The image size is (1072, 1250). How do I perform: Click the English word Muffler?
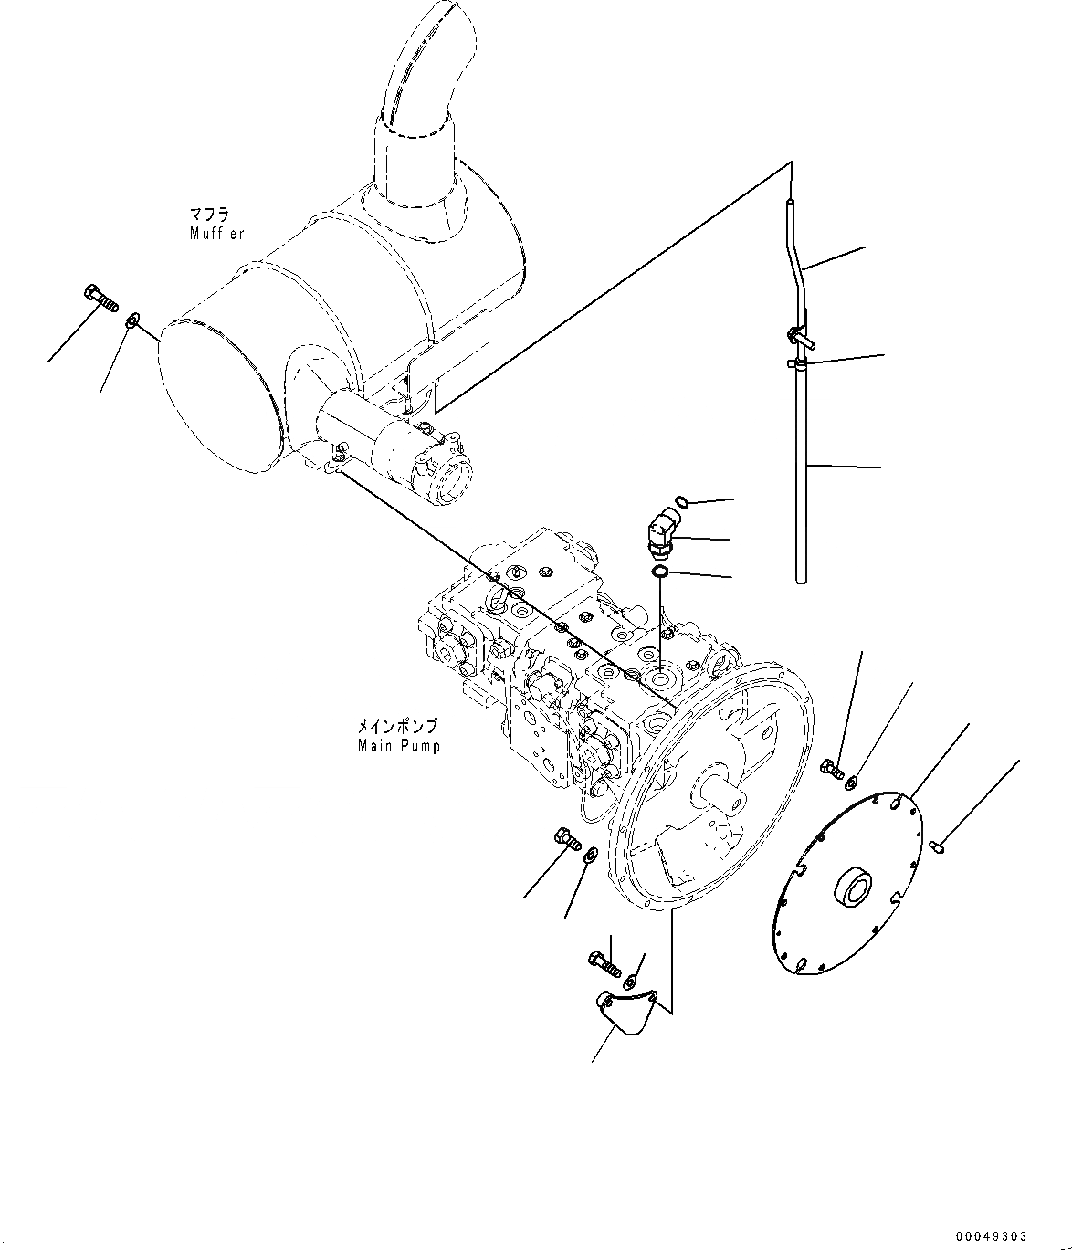click(216, 234)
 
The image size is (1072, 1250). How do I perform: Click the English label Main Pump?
click(398, 746)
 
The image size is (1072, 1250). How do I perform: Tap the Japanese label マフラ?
click(209, 215)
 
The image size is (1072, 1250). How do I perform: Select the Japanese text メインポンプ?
click(396, 727)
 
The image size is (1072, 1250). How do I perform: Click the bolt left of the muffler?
click(100, 298)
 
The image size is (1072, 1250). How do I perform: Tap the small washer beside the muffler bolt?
click(133, 320)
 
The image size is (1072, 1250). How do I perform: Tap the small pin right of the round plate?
click(938, 848)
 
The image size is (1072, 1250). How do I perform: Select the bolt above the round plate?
click(831, 768)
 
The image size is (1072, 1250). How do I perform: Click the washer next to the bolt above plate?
click(852, 781)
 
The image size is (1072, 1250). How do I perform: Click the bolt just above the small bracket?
click(604, 962)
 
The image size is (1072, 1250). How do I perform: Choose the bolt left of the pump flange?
click(566, 837)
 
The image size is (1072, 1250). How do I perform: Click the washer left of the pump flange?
click(591, 854)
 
